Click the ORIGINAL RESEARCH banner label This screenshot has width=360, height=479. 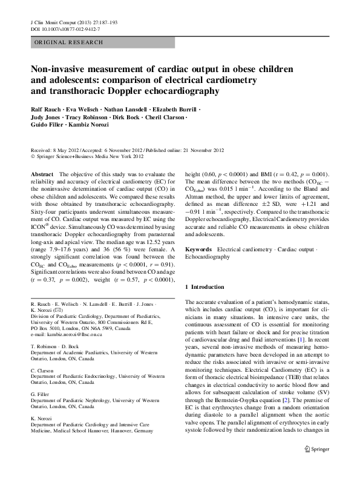(59, 42)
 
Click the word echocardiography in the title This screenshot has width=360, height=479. (178, 91)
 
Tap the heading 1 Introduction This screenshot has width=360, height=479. (209, 286)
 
